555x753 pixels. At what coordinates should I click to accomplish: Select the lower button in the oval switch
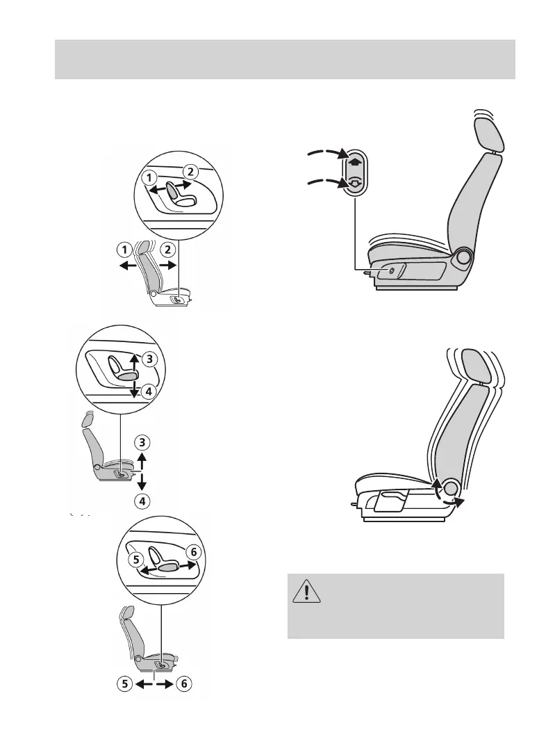[x=355, y=183]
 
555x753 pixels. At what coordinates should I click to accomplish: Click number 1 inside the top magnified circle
[x=148, y=179]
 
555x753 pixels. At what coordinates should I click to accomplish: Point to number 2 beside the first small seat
[x=167, y=249]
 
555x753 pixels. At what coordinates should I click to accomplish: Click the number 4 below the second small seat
[x=142, y=500]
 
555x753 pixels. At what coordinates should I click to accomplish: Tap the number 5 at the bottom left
[x=124, y=683]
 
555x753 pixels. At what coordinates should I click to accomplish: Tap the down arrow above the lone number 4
[x=142, y=481]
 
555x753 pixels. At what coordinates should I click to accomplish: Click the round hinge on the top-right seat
[x=463, y=259]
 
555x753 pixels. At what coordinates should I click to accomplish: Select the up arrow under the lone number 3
[x=142, y=459]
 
